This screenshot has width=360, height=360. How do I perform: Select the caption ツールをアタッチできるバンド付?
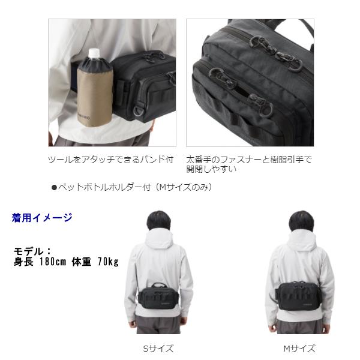[x=110, y=160]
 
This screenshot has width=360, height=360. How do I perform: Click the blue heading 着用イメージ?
[x=42, y=218]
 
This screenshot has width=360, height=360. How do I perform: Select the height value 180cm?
[x=57, y=262]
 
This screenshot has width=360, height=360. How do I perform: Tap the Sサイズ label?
[x=158, y=349]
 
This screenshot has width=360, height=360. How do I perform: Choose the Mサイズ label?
[x=299, y=349]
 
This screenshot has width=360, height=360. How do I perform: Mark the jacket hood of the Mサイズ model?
[x=299, y=243]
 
